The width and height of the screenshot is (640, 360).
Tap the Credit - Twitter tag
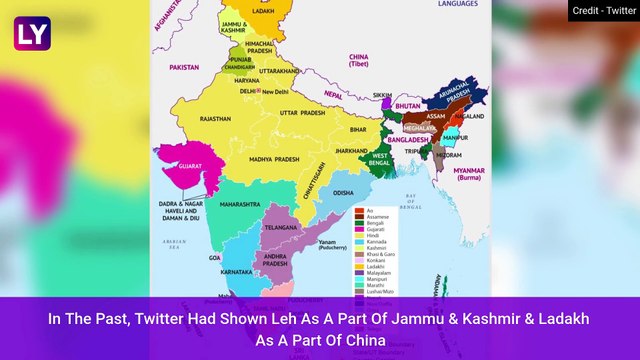604,12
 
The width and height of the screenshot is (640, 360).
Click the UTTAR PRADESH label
302,113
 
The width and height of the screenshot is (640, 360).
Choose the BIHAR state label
357,130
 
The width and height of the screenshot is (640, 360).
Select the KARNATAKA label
236,271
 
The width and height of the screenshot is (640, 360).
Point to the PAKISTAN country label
184,67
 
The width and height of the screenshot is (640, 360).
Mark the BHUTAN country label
407,104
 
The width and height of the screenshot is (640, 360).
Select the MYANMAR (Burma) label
468,173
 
